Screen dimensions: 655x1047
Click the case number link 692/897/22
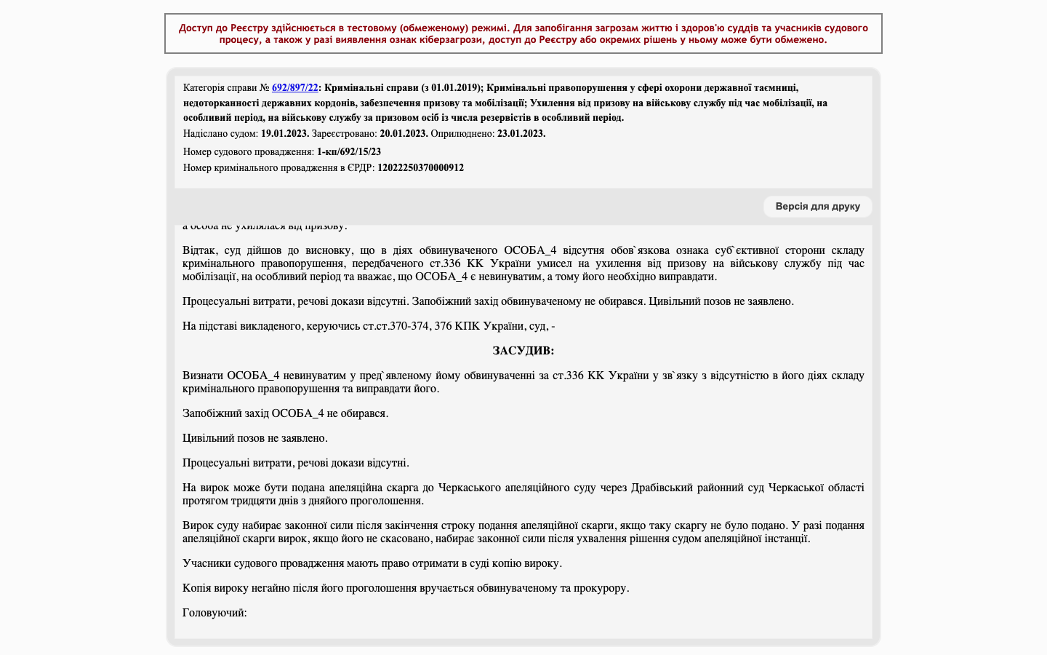(294, 88)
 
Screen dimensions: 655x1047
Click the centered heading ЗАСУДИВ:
(523, 351)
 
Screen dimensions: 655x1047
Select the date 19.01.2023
(285, 134)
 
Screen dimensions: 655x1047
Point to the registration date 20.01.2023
(404, 134)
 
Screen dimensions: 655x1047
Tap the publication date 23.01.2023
(521, 134)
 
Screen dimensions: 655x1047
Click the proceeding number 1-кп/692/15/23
(349, 152)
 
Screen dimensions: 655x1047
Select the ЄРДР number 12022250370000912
(420, 168)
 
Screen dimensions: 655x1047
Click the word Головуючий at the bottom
(214, 613)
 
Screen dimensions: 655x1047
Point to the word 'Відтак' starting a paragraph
(198, 250)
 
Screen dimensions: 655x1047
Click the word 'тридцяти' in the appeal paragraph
(252, 501)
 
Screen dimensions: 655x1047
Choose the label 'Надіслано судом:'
(220, 134)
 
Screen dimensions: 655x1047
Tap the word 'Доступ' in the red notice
(196, 28)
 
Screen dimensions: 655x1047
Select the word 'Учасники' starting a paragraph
(204, 563)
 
